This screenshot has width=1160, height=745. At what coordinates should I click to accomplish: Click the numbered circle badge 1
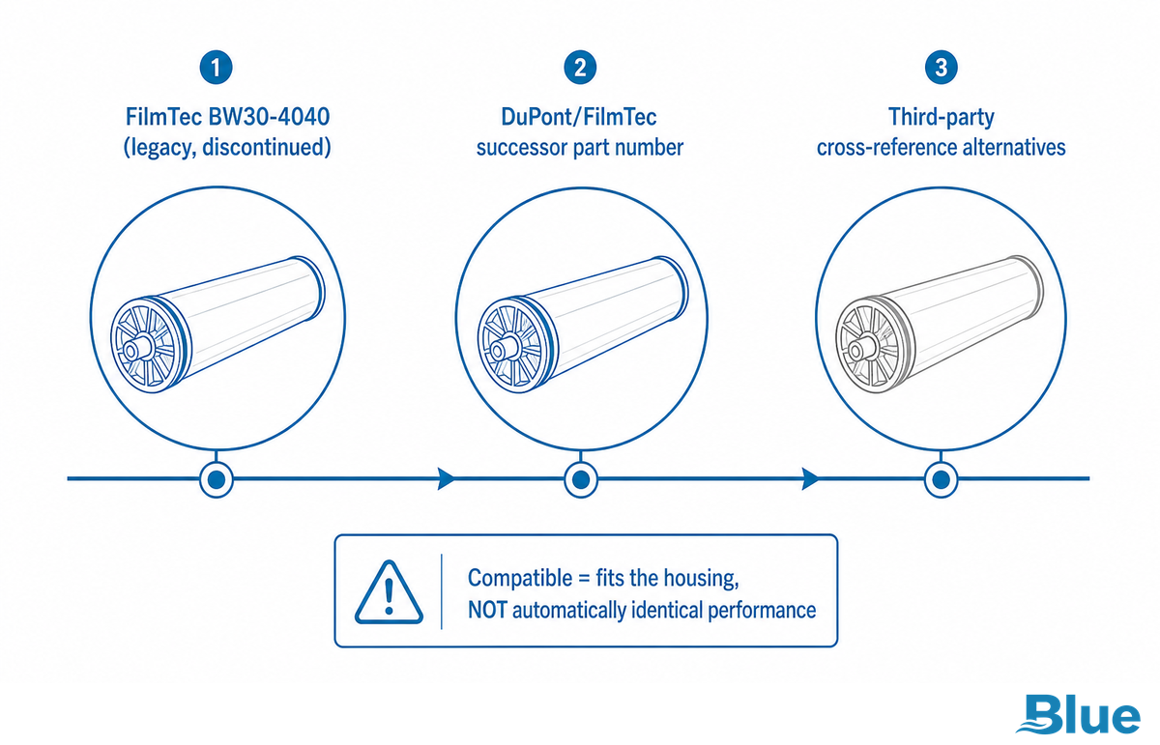click(x=216, y=68)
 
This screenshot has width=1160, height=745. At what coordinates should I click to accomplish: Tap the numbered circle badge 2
click(x=580, y=68)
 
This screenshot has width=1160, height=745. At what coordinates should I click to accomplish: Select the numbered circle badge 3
click(x=941, y=68)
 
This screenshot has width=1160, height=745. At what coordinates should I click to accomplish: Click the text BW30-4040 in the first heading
click(x=269, y=117)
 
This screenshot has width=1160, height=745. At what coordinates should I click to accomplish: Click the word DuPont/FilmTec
click(x=579, y=117)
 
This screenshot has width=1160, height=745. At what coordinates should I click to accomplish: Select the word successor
click(x=521, y=148)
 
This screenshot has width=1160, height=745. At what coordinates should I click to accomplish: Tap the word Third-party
click(x=942, y=118)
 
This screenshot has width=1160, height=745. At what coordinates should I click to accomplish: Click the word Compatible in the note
click(x=520, y=578)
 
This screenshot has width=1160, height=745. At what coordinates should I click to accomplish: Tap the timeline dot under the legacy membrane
click(x=216, y=479)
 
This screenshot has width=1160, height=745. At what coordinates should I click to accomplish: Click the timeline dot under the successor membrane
click(x=581, y=479)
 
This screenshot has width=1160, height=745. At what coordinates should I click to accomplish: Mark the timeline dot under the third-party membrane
click(x=941, y=479)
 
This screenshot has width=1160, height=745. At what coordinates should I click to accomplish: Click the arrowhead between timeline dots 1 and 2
click(x=446, y=478)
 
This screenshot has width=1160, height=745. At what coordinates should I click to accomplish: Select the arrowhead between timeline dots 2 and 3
click(x=810, y=478)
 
